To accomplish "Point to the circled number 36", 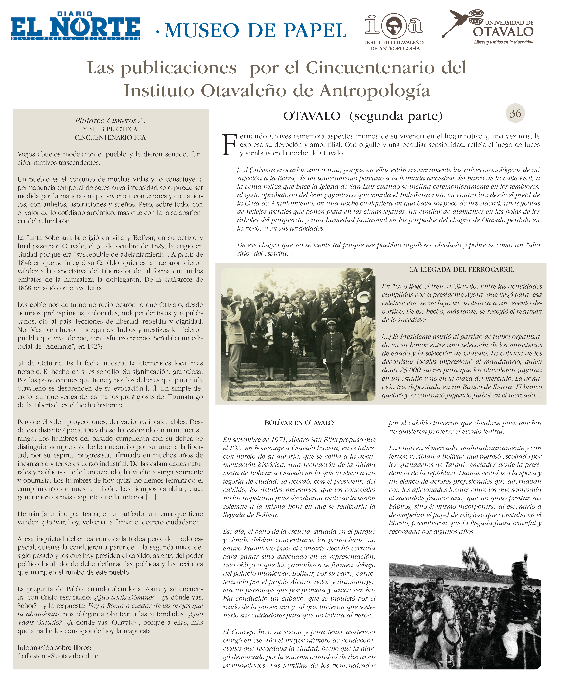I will [515, 113].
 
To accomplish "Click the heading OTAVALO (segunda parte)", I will [363, 116].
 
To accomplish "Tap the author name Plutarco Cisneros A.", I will [110, 121].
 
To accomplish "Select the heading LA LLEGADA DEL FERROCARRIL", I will [461, 270].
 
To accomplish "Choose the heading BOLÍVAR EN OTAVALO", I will [299, 423].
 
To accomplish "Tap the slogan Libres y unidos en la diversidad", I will [504, 42].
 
